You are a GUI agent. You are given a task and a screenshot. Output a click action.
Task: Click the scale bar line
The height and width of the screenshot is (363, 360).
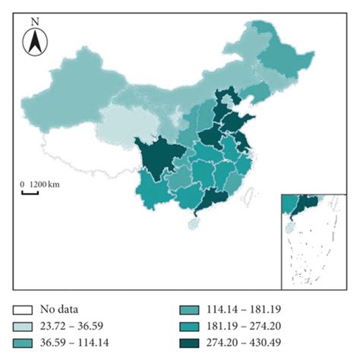click(30, 193)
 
